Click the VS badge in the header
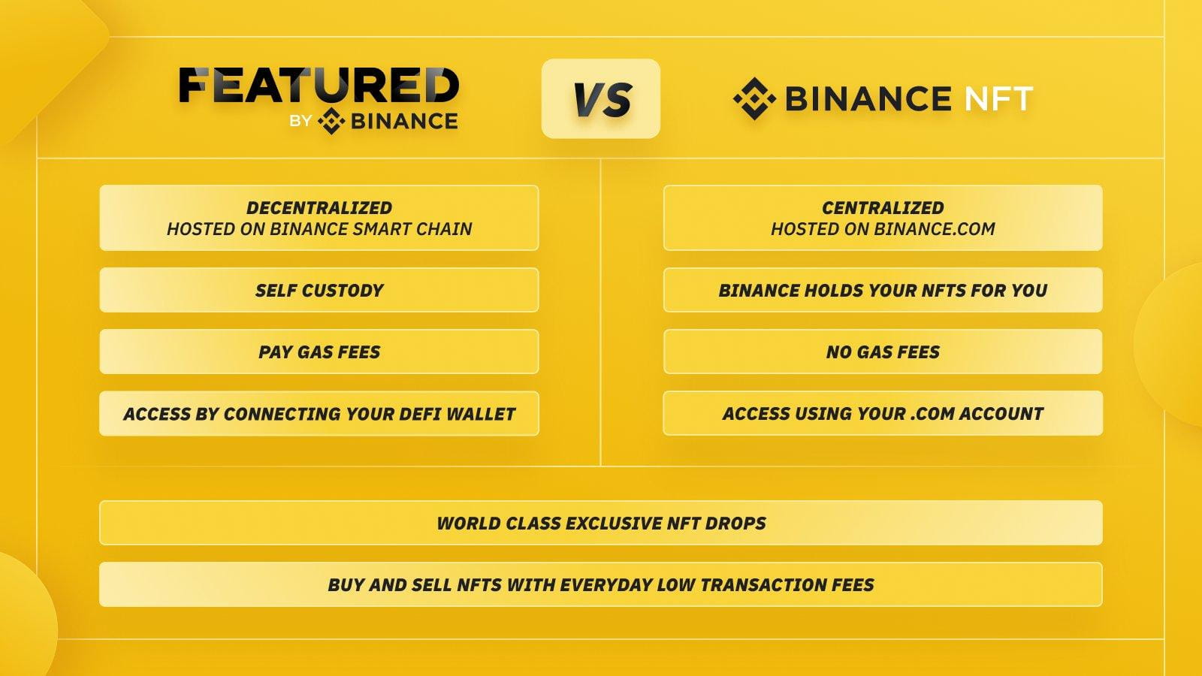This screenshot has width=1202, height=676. click(600, 98)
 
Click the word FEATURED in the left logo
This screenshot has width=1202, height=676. click(319, 86)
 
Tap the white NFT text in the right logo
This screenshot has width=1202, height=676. click(998, 98)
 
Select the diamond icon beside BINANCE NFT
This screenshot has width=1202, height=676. click(754, 98)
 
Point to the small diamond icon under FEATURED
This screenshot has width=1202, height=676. click(331, 121)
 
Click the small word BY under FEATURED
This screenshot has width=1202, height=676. click(300, 121)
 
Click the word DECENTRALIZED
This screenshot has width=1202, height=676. click(319, 207)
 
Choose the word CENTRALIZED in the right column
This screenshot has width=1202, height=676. click(883, 207)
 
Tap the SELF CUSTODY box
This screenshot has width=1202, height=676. click(319, 290)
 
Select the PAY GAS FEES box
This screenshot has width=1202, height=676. click(319, 352)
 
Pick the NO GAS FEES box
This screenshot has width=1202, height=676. click(883, 352)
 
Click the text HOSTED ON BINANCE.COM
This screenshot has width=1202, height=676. click(883, 229)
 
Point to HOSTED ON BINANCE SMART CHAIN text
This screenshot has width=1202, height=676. click(319, 229)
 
